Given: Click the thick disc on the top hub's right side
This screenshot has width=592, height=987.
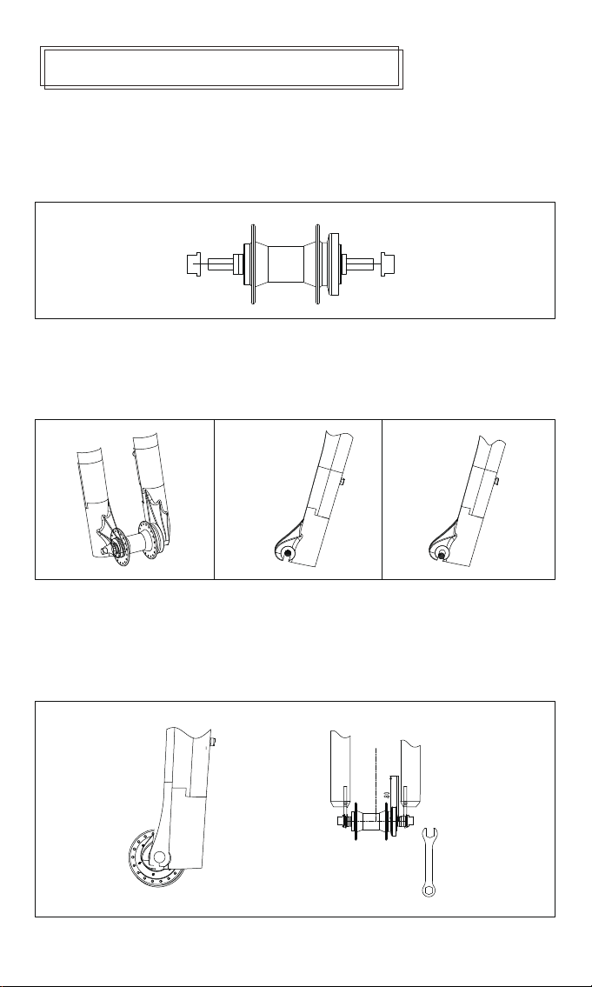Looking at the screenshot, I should [x=331, y=263].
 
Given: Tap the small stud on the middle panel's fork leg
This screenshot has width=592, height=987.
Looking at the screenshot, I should [x=345, y=481].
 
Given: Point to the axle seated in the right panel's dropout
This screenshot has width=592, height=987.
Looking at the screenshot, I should [x=442, y=550].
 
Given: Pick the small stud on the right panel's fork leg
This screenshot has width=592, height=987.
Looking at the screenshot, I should [x=495, y=480].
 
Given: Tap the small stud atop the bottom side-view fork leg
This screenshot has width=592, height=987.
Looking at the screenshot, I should [x=212, y=743].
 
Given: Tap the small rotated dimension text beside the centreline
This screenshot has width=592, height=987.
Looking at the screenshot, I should [x=385, y=795].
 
